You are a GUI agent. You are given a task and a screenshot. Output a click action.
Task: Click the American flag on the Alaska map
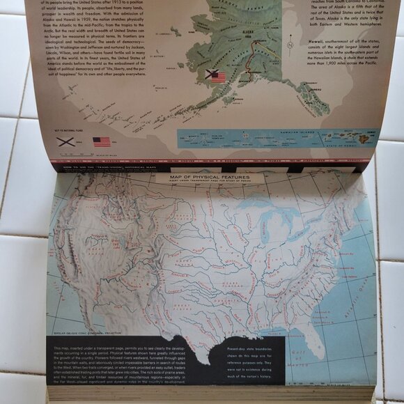[x=219, y=77]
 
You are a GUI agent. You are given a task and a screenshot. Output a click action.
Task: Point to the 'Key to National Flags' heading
[x=68, y=130]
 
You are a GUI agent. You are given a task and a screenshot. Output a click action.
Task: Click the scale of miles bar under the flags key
[x=104, y=154]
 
